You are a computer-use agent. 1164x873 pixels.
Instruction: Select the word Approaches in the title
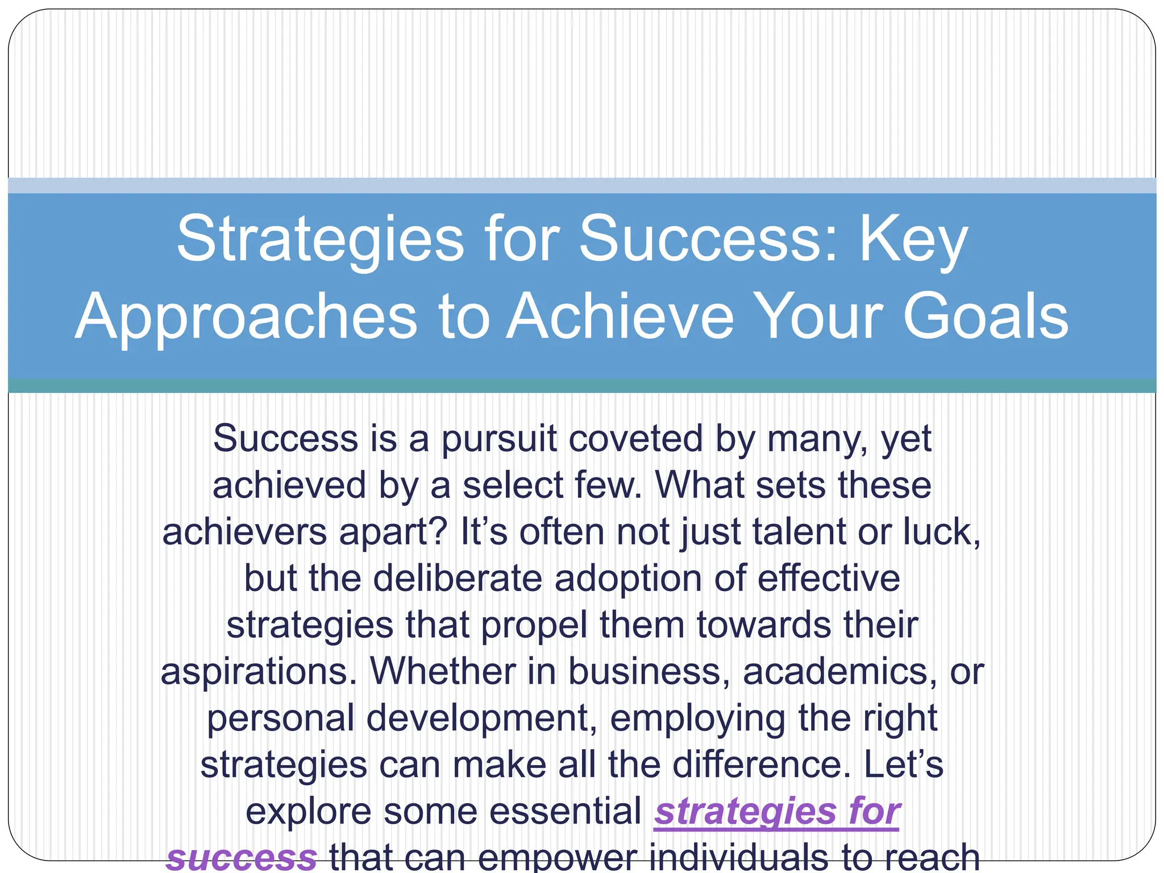[x=246, y=317]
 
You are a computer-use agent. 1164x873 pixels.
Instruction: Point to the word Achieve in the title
[x=620, y=317]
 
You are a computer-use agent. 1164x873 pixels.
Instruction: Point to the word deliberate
[x=457, y=579]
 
